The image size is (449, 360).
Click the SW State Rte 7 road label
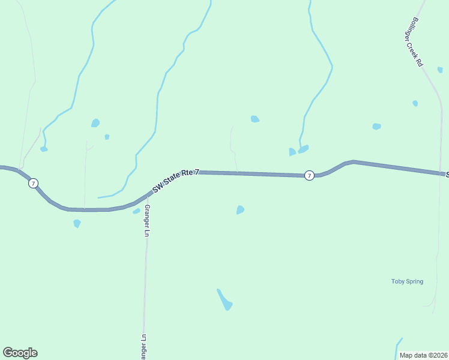click(175, 180)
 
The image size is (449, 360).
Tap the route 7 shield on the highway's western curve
click(34, 183)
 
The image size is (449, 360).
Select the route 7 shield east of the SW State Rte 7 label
click(309, 175)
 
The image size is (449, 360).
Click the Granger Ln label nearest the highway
click(146, 221)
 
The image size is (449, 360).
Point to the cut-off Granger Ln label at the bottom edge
click(143, 347)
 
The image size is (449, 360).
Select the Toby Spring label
click(407, 281)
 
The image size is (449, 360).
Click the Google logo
click(20, 353)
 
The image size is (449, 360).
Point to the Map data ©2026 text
click(424, 355)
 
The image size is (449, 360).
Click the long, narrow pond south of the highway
click(224, 299)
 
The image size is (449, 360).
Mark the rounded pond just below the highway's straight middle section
click(240, 209)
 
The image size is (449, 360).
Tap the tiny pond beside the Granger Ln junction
click(136, 211)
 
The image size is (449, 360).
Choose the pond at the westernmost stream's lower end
click(44, 149)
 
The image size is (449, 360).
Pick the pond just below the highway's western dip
click(77, 223)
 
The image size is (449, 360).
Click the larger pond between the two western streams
click(95, 123)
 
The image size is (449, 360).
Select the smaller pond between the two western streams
click(107, 137)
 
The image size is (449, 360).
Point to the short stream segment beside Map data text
click(398, 347)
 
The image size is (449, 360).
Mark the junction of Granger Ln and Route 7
click(146, 196)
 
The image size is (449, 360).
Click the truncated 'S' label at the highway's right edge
click(447, 174)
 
